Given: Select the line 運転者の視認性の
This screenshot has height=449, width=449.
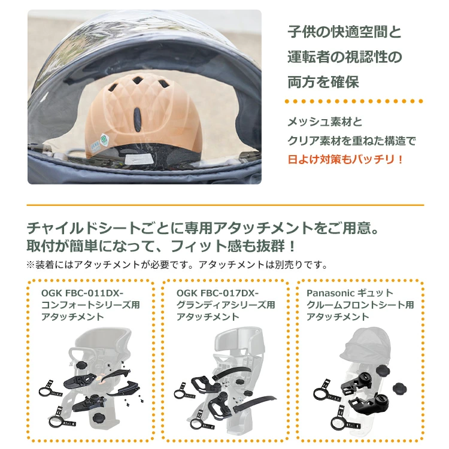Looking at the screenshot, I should pos(344,57).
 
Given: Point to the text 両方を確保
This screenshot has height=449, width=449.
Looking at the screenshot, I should pos(323,82).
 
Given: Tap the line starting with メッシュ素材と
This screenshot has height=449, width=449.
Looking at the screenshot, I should pos(325,122).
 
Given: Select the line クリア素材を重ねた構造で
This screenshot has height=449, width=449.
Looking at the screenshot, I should pos(351,141).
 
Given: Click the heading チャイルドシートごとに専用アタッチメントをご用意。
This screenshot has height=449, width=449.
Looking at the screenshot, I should pos(203,228).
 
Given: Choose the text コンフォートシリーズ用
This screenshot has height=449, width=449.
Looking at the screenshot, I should pos(90,305).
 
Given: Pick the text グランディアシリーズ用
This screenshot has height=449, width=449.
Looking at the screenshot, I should pos(226,305).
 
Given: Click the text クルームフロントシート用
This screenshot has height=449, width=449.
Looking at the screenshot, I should pos(360,305).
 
